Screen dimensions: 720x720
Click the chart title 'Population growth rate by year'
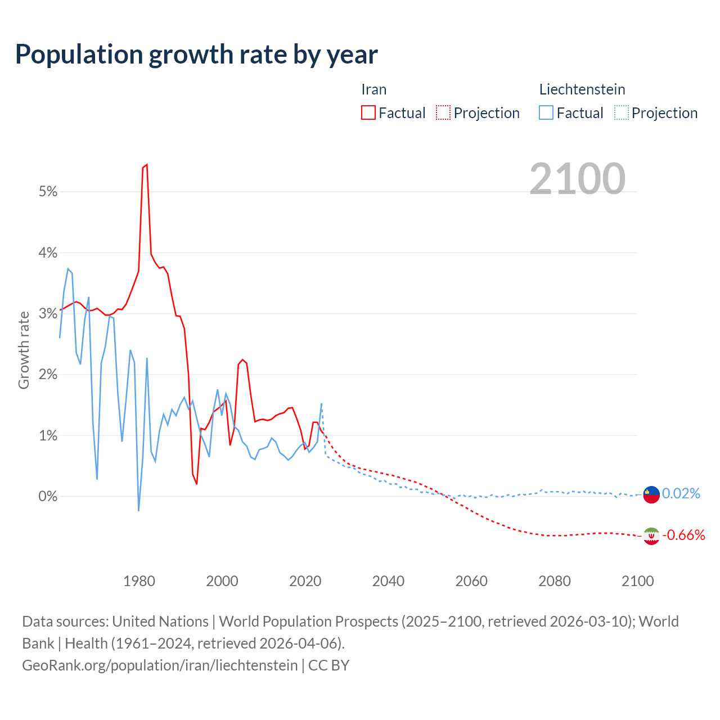(x=196, y=55)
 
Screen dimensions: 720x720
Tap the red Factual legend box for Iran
(x=368, y=112)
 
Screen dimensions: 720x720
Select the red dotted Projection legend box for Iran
(x=443, y=112)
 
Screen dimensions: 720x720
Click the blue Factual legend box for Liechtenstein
(x=546, y=112)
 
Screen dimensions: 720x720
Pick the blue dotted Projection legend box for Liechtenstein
(x=621, y=112)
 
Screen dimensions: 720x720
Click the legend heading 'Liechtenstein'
(x=582, y=89)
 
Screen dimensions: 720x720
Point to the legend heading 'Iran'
(x=373, y=89)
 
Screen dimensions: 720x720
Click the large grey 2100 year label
(x=577, y=178)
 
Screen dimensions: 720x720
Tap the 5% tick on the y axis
(x=48, y=192)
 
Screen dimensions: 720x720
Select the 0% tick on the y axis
(x=48, y=496)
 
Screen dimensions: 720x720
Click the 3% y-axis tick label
(x=48, y=313)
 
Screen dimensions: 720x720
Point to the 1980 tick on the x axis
(x=139, y=580)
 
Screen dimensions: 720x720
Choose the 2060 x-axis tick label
(x=471, y=580)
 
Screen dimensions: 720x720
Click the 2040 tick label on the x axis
(x=388, y=580)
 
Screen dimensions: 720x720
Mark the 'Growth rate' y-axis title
(x=24, y=350)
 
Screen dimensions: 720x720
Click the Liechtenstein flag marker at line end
(x=651, y=494)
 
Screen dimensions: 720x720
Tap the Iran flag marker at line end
(x=651, y=536)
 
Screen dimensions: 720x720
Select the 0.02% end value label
(x=681, y=493)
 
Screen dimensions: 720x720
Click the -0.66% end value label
(x=683, y=535)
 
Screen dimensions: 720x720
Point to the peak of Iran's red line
(x=146, y=165)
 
